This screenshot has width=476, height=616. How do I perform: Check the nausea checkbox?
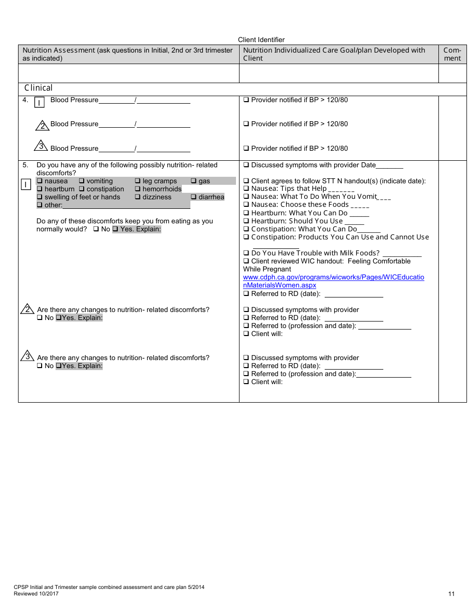[40, 181]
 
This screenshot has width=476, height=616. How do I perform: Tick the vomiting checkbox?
[82, 181]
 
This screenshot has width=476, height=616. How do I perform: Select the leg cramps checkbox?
[138, 181]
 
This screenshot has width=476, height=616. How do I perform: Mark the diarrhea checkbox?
[194, 197]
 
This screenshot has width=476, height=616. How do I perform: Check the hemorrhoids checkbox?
[138, 189]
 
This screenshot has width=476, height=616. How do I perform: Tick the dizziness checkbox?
[138, 197]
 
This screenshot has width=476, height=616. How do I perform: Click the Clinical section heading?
[38, 88]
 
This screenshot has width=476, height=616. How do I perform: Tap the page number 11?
[451, 594]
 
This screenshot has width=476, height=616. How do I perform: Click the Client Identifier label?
[261, 40]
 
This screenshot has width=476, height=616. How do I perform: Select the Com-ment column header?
[452, 54]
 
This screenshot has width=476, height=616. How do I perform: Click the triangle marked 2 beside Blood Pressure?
[43, 125]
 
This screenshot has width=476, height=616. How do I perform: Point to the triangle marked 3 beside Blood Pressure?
[41, 146]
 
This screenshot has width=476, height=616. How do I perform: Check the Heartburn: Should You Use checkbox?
[246, 221]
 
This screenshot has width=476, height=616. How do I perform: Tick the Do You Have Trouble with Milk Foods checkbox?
[246, 253]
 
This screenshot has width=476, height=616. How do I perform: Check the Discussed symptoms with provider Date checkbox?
[246, 165]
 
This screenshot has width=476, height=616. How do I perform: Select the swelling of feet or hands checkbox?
[40, 197]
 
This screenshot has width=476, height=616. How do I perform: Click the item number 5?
[25, 165]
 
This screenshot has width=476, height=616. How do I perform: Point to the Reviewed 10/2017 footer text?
[36, 594]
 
